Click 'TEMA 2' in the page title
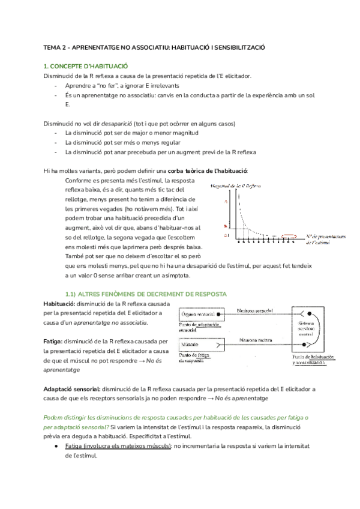(56, 46)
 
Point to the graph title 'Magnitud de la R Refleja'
(238, 187)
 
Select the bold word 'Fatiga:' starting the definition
(54, 342)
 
